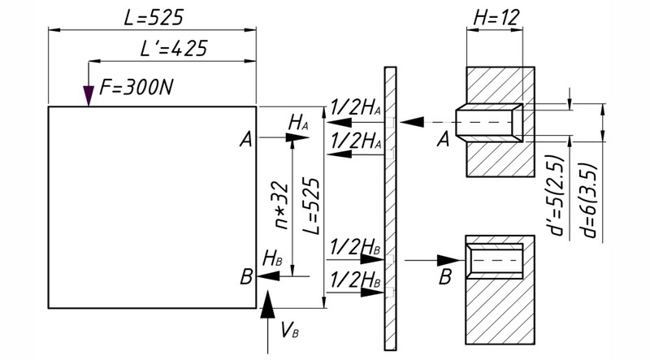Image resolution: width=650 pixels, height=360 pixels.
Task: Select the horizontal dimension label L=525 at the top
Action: (154, 18)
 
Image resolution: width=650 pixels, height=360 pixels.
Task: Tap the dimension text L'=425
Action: (173, 49)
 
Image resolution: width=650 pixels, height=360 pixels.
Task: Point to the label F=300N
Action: (136, 88)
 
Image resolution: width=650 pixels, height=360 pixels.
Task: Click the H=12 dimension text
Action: (496, 18)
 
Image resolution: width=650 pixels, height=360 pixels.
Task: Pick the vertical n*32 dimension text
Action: (282, 206)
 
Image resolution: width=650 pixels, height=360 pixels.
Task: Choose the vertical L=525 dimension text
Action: (313, 206)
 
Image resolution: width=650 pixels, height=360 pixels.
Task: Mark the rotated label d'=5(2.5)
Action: (557, 196)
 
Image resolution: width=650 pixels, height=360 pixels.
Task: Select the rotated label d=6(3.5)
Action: (590, 202)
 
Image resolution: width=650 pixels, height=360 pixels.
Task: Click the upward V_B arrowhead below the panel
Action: (267, 305)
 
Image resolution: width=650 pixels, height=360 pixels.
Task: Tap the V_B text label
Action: (290, 330)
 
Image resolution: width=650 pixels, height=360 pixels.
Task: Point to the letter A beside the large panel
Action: (246, 139)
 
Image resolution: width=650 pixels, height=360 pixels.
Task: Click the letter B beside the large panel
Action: (246, 276)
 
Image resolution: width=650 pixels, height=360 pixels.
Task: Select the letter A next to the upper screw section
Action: (443, 139)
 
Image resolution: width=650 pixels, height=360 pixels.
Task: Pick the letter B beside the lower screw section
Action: (444, 276)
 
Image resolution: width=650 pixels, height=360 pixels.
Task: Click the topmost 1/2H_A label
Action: (356, 108)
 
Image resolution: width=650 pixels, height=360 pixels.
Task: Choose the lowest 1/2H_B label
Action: (355, 280)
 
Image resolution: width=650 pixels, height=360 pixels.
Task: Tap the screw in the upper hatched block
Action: (489, 123)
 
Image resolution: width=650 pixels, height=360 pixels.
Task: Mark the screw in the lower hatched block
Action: (494, 261)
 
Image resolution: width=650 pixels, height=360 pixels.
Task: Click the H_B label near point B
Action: (272, 258)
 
